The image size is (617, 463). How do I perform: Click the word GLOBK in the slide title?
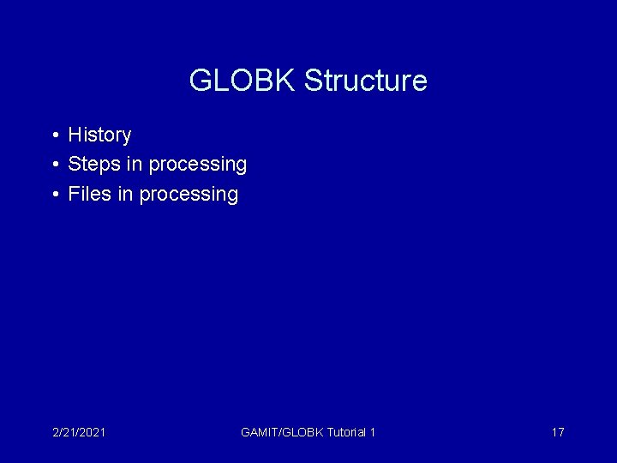tap(243, 81)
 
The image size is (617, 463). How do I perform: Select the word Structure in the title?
tap(365, 81)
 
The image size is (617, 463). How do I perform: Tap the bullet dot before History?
tap(54, 135)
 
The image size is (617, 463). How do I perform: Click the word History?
tap(99, 135)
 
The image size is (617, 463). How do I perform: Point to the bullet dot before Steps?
tap(54, 165)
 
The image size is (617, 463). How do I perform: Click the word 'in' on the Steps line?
tap(135, 164)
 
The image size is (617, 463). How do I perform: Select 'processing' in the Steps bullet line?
tap(197, 165)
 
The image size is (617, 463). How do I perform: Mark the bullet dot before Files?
tap(54, 195)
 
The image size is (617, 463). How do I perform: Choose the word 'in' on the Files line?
tap(125, 194)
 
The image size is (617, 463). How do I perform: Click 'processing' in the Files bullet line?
tap(189, 195)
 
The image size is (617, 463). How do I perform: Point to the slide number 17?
tap(557, 432)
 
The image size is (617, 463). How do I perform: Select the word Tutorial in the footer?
tap(346, 432)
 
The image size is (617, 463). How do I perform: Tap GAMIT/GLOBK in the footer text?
tap(282, 432)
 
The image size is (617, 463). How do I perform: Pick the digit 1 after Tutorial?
tap(373, 432)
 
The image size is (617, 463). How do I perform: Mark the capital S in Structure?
tap(313, 81)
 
